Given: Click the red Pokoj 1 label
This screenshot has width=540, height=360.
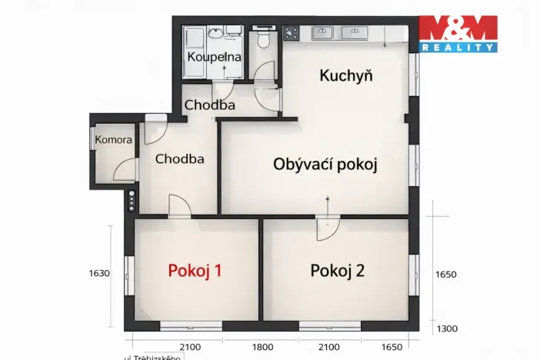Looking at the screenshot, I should pyautogui.click(x=195, y=271).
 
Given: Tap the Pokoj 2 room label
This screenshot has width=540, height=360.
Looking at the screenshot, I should pyautogui.click(x=337, y=271).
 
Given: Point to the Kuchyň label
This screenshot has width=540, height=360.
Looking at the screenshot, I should pyautogui.click(x=346, y=75).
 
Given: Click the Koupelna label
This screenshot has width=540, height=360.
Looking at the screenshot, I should pyautogui.click(x=215, y=58).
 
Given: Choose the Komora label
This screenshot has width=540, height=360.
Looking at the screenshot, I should pyautogui.click(x=113, y=140).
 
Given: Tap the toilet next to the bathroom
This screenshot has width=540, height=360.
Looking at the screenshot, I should pyautogui.click(x=265, y=38).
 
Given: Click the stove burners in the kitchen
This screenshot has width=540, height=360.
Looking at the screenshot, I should pyautogui.click(x=292, y=32).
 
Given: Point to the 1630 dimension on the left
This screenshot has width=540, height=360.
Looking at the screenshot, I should pyautogui.click(x=99, y=272).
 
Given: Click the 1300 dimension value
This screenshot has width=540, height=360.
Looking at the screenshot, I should pyautogui.click(x=447, y=328).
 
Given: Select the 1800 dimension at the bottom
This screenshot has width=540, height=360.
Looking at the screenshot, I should pyautogui.click(x=242, y=348).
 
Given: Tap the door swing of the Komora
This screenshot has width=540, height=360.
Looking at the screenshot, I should pyautogui.click(x=123, y=170).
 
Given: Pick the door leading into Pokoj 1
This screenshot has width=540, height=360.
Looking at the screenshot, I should pyautogui.click(x=180, y=206).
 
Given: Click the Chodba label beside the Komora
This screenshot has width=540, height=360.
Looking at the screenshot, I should pyautogui.click(x=179, y=159).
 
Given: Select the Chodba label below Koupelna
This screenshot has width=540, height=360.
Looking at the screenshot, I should pyautogui.click(x=209, y=105).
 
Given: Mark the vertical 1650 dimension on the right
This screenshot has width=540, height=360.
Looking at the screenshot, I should pyautogui.click(x=447, y=274).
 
